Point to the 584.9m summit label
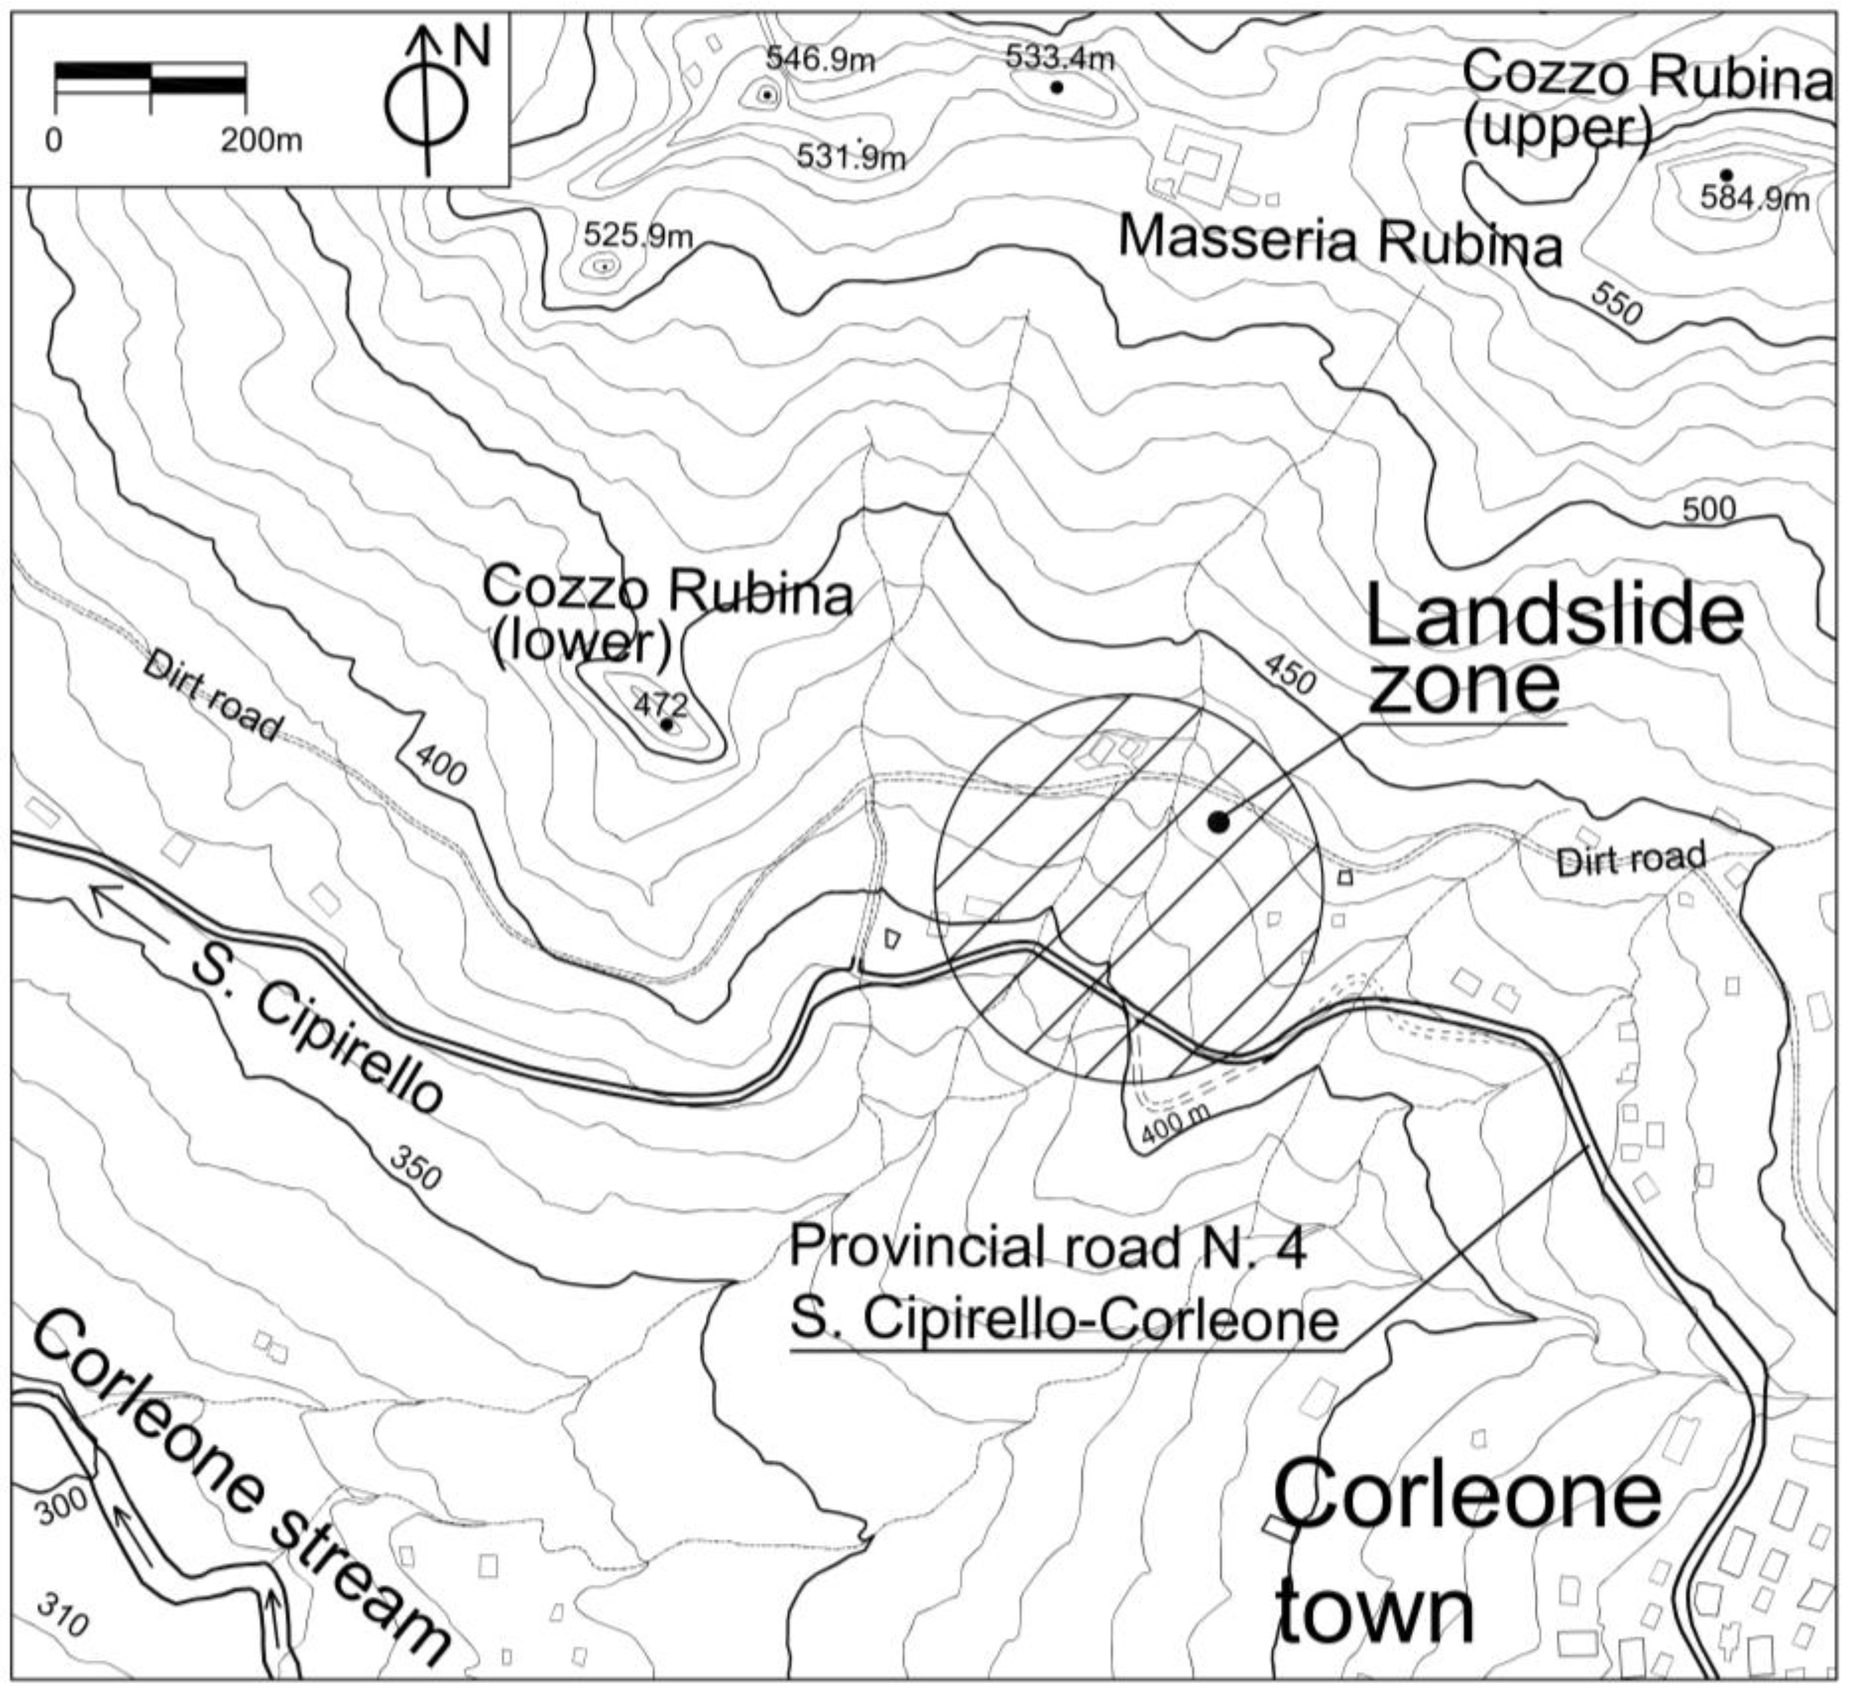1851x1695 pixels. (1754, 198)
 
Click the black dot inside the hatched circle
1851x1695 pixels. (1217, 822)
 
